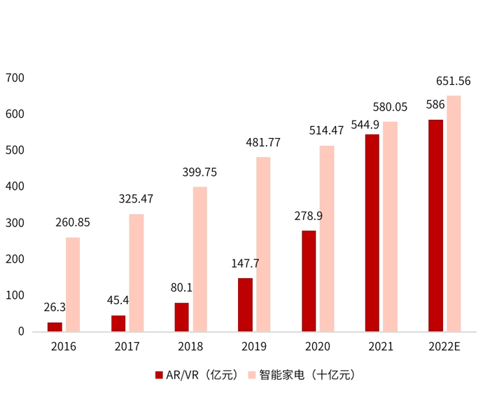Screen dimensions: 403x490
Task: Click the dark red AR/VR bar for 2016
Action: tap(55, 327)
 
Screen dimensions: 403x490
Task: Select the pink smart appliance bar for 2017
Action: tap(136, 273)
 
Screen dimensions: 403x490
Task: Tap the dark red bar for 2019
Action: tap(245, 305)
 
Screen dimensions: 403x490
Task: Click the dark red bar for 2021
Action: tap(372, 233)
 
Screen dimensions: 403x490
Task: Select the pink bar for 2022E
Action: tap(454, 213)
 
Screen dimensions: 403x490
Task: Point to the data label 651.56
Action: tap(453, 81)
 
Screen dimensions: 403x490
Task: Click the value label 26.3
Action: tap(54, 307)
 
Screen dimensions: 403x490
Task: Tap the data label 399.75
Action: tap(199, 172)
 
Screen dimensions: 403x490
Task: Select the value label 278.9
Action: tap(309, 215)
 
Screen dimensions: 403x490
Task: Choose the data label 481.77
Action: tap(263, 142)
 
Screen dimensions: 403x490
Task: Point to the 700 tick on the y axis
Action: tap(15, 77)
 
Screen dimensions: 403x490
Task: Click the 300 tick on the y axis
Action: tap(15, 223)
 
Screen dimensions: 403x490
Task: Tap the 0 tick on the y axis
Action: tap(21, 332)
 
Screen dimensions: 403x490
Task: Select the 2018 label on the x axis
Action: tap(190, 346)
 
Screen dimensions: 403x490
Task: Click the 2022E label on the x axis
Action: tap(445, 346)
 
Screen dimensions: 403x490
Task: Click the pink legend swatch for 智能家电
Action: tap(252, 375)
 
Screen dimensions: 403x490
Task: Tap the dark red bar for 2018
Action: tap(181, 317)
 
